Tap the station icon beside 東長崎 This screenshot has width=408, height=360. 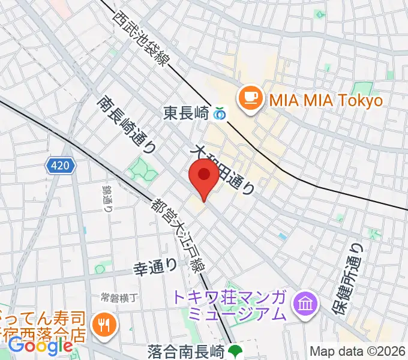coord(221,113)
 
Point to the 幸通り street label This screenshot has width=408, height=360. coord(155,266)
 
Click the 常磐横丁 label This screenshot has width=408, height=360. coord(119,298)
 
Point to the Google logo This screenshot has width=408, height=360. coord(40,346)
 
